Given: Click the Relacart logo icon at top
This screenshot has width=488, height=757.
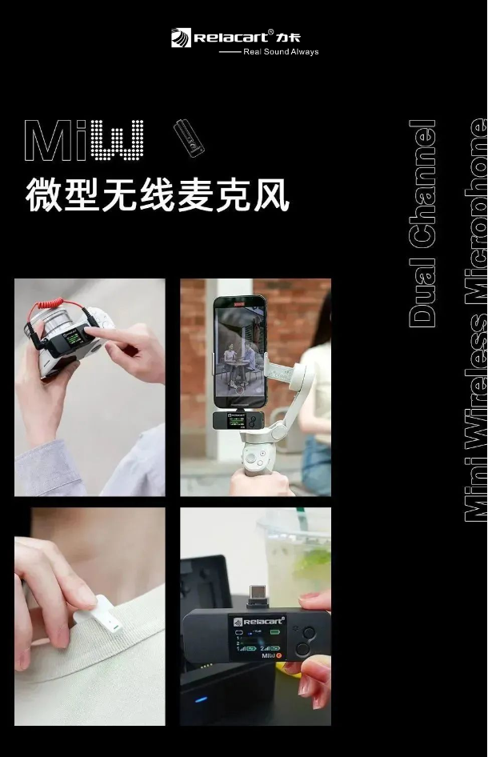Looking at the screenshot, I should pos(182,38).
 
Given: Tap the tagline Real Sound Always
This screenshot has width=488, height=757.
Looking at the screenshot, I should pos(280,52).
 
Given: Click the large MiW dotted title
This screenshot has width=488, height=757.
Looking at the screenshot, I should pos(84,142).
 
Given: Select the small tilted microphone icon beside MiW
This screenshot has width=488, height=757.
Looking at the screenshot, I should pos(190,138).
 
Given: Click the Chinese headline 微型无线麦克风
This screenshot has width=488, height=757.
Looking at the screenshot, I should pos(157,196).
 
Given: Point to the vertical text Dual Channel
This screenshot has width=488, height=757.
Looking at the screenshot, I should pos(422,224).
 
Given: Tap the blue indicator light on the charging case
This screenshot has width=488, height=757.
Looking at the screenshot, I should pos(201,699).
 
